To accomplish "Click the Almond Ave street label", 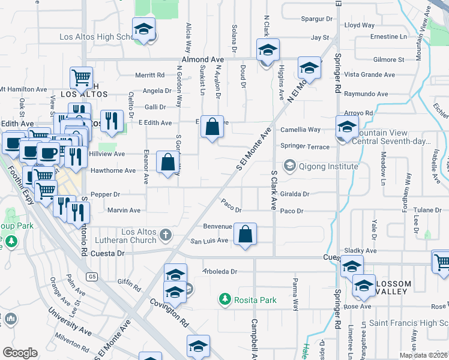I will (x=203, y=60).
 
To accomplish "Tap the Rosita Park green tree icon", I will (x=224, y=298).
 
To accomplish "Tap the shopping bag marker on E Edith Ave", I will (x=212, y=127).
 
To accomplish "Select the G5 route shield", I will (x=91, y=277).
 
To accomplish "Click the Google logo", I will (x=20, y=353).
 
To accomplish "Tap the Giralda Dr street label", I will (x=295, y=194).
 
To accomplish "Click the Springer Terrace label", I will (x=305, y=146).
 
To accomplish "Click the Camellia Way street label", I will (x=301, y=130).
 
